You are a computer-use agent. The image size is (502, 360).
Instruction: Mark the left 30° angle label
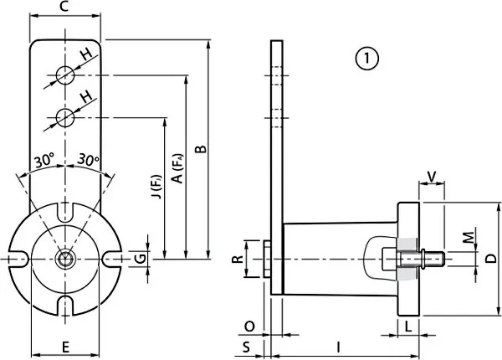[x=44, y=159]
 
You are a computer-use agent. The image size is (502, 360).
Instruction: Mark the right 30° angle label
[x=88, y=159]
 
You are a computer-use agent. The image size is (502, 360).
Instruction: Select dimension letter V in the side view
[x=432, y=176]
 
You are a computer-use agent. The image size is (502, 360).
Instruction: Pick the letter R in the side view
[x=238, y=258]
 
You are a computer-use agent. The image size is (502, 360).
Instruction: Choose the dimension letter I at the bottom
[x=338, y=346]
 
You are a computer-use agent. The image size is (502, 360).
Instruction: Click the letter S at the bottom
[x=248, y=345]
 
